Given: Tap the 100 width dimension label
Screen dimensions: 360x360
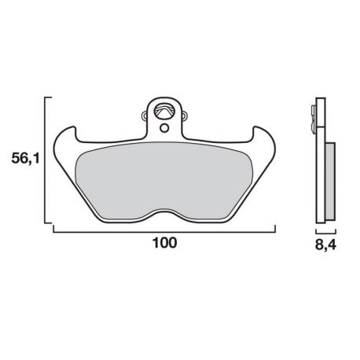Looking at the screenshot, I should tap(163, 244).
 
